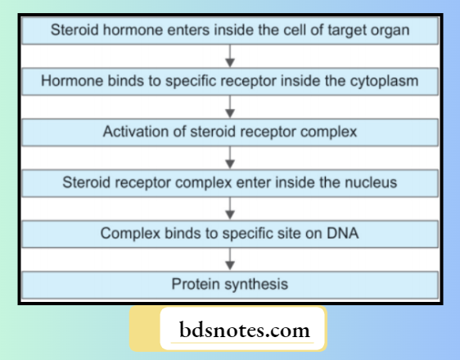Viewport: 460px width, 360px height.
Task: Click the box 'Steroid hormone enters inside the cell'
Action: click(230, 31)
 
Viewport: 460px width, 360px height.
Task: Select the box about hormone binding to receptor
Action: click(230, 81)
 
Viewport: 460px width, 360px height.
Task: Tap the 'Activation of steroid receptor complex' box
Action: click(230, 132)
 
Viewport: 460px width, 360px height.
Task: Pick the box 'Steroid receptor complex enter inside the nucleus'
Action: click(230, 182)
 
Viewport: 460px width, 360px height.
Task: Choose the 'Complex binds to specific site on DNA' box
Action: click(230, 233)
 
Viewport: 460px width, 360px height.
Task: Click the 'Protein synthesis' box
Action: click(230, 284)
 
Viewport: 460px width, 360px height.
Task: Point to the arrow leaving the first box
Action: click(230, 56)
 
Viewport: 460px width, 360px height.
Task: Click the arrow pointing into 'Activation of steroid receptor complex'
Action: click(230, 106)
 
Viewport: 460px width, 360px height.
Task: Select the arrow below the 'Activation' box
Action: click(230, 157)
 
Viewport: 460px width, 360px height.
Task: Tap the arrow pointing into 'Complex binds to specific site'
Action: click(230, 208)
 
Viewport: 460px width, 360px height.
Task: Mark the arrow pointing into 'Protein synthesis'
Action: click(230, 259)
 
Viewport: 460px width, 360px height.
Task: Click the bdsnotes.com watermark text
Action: click(245, 331)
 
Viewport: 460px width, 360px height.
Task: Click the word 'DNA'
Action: click(343, 233)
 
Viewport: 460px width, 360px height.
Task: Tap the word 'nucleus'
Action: click(370, 182)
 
